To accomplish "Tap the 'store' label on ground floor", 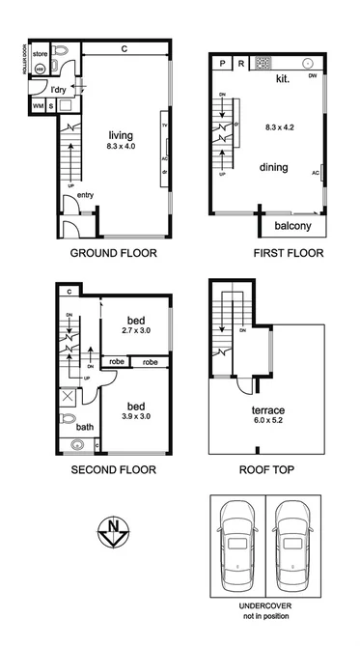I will coord(41,54).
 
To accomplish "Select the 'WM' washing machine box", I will coord(39,104).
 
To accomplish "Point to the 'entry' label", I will coord(86,195).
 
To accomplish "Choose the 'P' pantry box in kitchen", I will coord(221,64).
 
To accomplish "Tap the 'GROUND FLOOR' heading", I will coord(113,254).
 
